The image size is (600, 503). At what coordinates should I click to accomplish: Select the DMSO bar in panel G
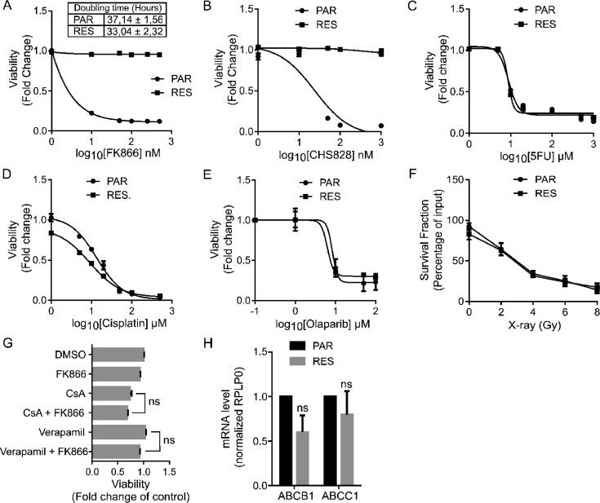point(118,354)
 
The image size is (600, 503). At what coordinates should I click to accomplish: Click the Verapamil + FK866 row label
point(46,450)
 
